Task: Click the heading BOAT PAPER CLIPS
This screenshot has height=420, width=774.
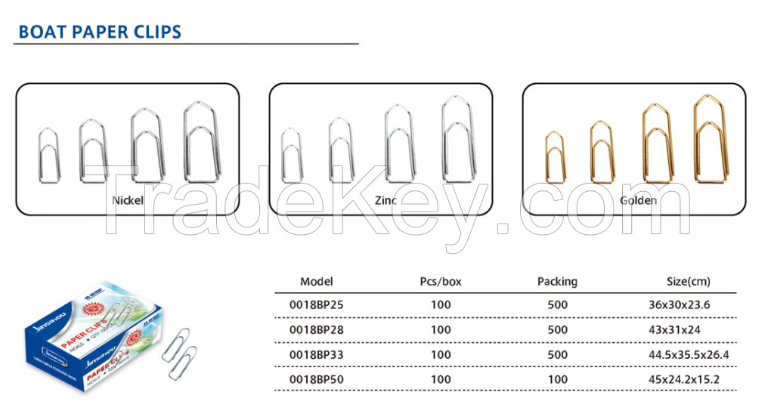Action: point(100,32)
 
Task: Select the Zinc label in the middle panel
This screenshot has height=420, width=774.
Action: point(385,201)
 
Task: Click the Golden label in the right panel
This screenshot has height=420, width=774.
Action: point(638,201)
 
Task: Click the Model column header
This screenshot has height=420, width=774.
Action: point(316,282)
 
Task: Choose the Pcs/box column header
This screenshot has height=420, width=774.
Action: point(440,282)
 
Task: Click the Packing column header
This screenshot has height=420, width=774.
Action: point(557,282)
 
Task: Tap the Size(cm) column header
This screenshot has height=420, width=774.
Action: point(688,282)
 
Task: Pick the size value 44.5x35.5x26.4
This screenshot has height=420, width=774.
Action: point(689,354)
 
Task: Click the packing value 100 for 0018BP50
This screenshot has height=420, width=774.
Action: point(557,379)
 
